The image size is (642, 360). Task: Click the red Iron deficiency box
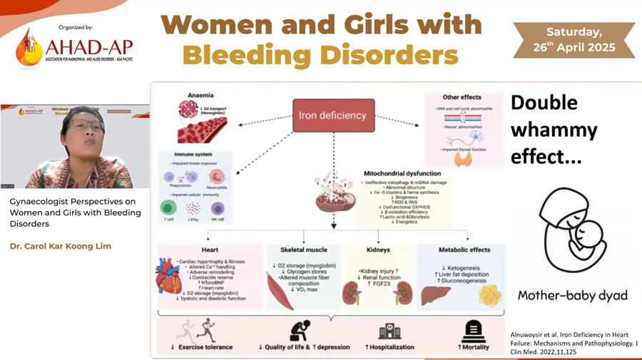tap(332, 115)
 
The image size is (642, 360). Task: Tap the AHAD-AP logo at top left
tap(75, 47)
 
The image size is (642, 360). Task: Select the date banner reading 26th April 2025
tap(574, 40)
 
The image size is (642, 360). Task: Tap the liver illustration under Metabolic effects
tap(435, 292)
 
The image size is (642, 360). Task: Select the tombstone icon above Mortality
tap(474, 331)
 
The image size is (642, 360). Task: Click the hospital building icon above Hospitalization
tap(389, 331)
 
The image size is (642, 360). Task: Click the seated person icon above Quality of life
tap(300, 330)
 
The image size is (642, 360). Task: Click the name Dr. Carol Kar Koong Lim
tap(61, 247)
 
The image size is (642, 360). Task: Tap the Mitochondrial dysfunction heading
tap(404, 173)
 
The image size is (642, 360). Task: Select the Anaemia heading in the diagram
tap(200, 96)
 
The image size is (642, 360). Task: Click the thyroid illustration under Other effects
tap(464, 158)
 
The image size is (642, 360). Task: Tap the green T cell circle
tap(169, 207)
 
